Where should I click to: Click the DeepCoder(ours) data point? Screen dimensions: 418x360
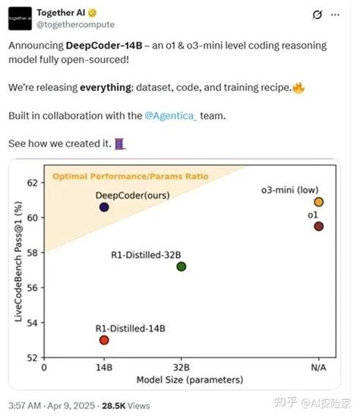(104, 207)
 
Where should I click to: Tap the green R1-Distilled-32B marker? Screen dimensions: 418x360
(181, 266)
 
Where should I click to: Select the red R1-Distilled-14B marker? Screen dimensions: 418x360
(104, 340)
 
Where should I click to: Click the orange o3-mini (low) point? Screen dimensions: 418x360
(319, 202)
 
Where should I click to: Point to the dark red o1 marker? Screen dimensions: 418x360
(319, 226)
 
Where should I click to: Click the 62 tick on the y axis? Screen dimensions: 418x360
(33, 183)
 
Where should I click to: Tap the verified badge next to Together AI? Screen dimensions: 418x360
(93, 13)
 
